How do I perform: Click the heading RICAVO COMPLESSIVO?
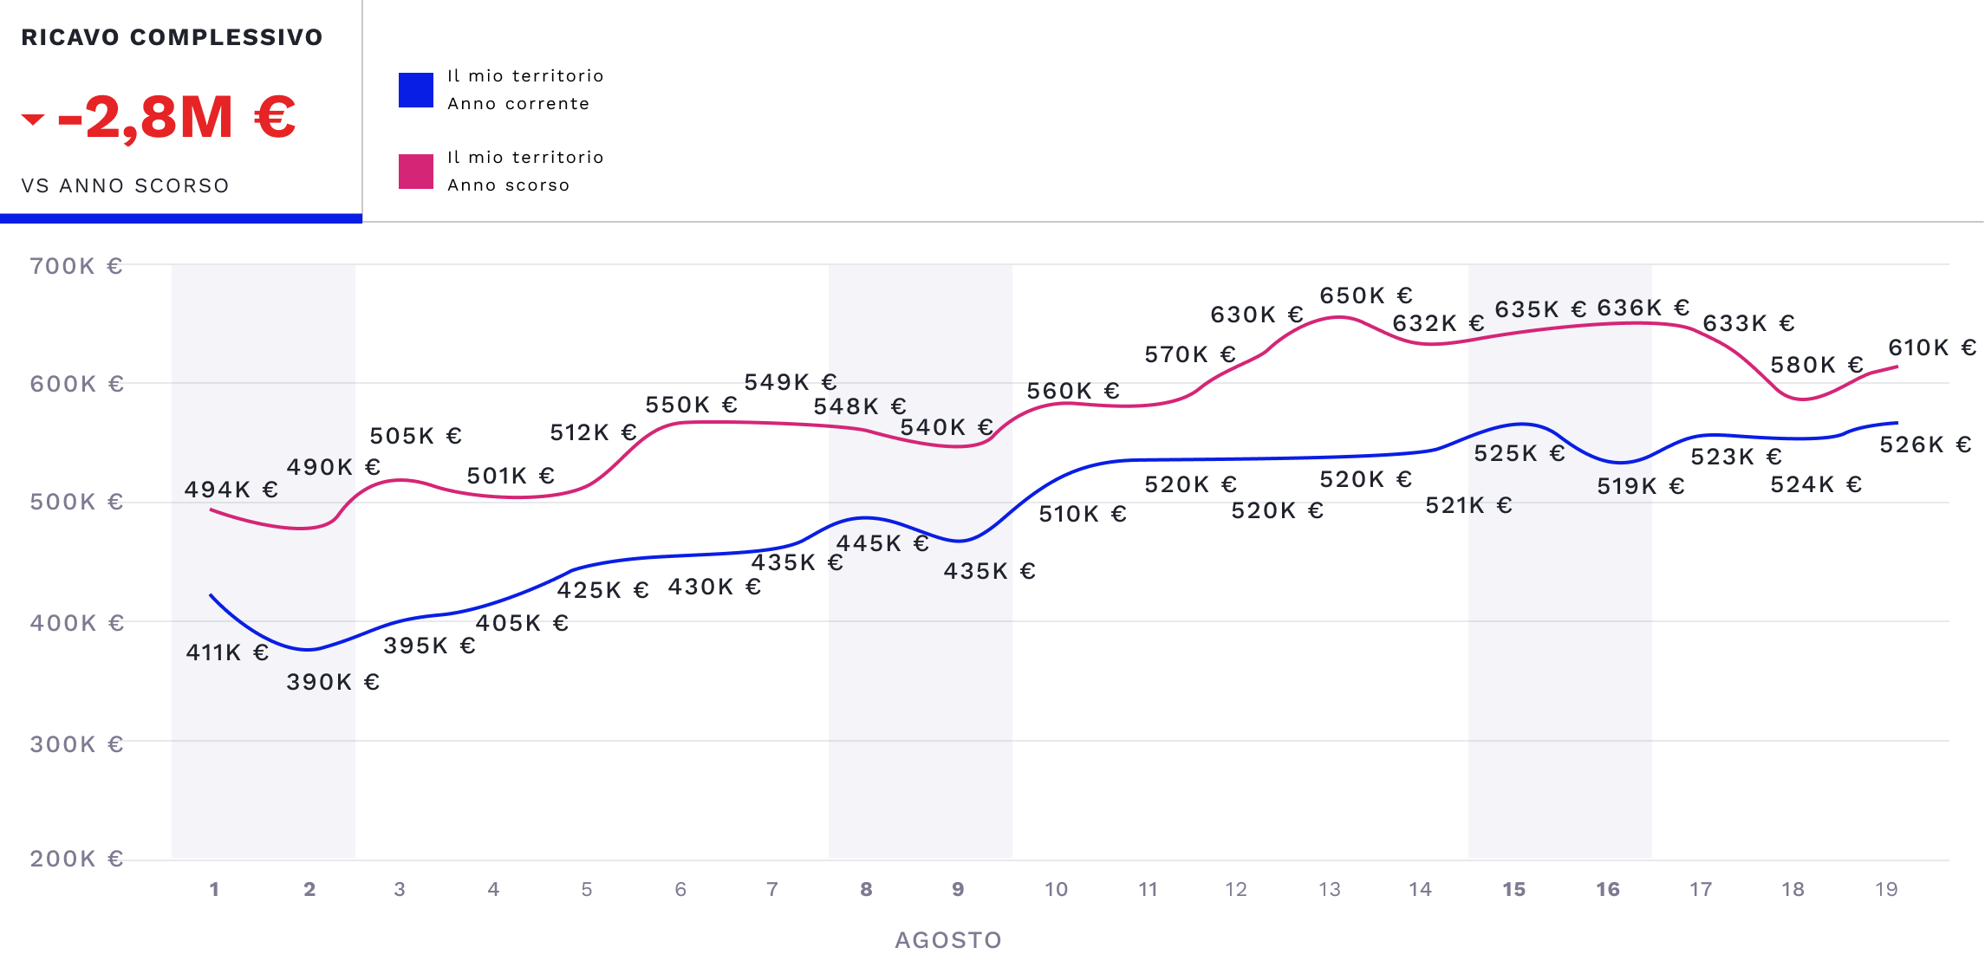pyautogui.click(x=172, y=37)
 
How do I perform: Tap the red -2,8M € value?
pyautogui.click(x=177, y=118)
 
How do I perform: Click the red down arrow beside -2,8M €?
pyautogui.click(x=33, y=120)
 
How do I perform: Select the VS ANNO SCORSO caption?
pyautogui.click(x=126, y=185)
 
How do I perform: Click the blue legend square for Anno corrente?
pyautogui.click(x=416, y=90)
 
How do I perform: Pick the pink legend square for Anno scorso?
pyautogui.click(x=416, y=172)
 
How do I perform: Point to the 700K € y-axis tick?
pyautogui.click(x=76, y=266)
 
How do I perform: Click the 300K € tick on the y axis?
pyautogui.click(x=76, y=744)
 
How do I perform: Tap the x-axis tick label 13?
pyautogui.click(x=1329, y=889)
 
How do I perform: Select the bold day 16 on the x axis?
pyautogui.click(x=1607, y=889)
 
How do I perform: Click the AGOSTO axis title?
pyautogui.click(x=948, y=940)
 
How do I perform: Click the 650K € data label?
pyautogui.click(x=1366, y=295)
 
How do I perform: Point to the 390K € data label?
pyautogui.click(x=333, y=682)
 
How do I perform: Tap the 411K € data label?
pyautogui.click(x=227, y=652)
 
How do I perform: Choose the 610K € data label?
pyautogui.click(x=1932, y=347)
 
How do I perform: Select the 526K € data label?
pyautogui.click(x=1925, y=445)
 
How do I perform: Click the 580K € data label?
pyautogui.click(x=1817, y=365)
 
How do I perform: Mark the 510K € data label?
pyautogui.click(x=1083, y=514)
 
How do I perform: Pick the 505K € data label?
pyautogui.click(x=415, y=436)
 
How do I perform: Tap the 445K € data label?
pyautogui.click(x=882, y=543)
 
